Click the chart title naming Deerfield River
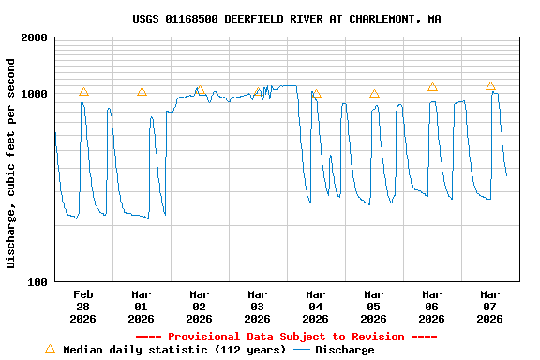pos(287,19)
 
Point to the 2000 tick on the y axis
pos(35,37)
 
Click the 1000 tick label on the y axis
pos(35,94)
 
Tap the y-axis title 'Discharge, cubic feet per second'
pos(11,163)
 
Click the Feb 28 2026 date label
pos(83,306)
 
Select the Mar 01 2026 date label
pos(142,306)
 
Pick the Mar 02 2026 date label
pos(200,306)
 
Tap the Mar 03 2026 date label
pos(258,306)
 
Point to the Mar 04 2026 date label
pos(316,306)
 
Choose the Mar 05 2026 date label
pos(374,306)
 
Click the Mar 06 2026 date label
pos(432,306)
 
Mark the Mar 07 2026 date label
pos(490,306)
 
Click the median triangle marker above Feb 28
pos(83,91)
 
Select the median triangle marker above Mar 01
pos(142,91)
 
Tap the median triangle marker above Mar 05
pos(374,93)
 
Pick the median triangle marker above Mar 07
pos(490,85)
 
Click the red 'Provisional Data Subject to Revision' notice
pos(287,337)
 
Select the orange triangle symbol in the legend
pos(50,349)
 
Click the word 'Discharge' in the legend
pos(344,350)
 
